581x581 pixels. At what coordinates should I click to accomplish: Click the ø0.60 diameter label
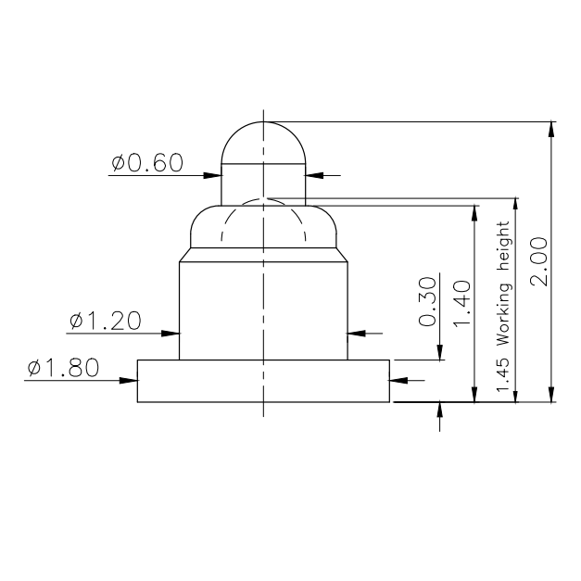pyautogui.click(x=147, y=162)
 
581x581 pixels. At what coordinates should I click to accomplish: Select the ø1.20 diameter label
pyautogui.click(x=106, y=321)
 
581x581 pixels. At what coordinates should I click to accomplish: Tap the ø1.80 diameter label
pyautogui.click(x=63, y=368)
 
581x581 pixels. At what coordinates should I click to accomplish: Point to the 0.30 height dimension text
pyautogui.click(x=427, y=301)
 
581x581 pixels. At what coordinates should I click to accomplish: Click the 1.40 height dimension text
pyautogui.click(x=462, y=304)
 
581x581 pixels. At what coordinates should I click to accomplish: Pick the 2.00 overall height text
pyautogui.click(x=538, y=261)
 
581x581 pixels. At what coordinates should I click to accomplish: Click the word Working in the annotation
pyautogui.click(x=503, y=314)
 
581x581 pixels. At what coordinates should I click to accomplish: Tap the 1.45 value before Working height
pyautogui.click(x=503, y=374)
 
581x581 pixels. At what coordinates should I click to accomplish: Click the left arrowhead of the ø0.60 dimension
pyautogui.click(x=213, y=175)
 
